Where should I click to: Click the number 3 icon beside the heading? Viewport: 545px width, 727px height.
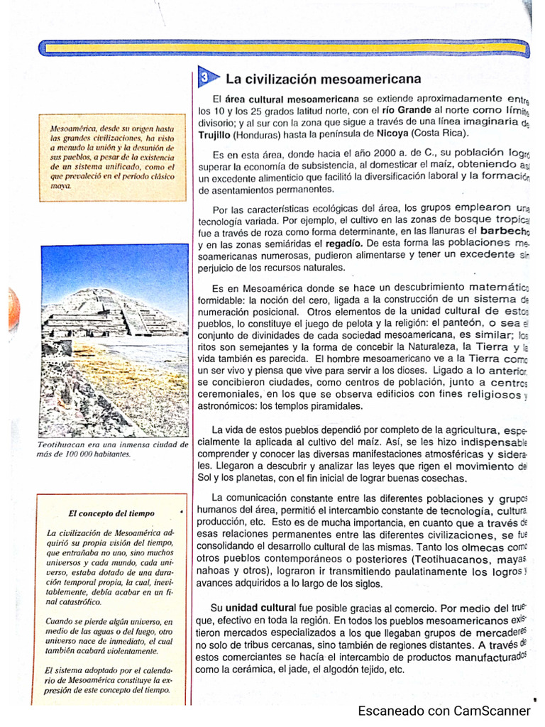(x=204, y=77)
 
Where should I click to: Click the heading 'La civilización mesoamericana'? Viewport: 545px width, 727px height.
(x=323, y=78)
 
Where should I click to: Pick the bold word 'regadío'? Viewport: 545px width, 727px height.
(x=326, y=244)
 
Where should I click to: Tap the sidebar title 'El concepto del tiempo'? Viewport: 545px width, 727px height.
(x=111, y=512)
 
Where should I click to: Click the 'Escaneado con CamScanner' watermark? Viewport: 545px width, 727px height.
(x=444, y=711)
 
